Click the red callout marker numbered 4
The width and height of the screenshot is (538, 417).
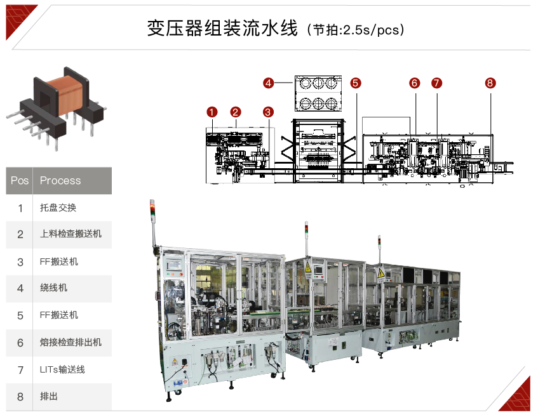tap(268, 83)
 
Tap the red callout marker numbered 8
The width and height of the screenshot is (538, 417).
tap(490, 83)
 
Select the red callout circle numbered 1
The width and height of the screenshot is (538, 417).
tap(212, 112)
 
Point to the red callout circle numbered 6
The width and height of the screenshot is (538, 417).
tap(415, 83)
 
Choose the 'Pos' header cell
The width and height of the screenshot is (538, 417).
tap(20, 180)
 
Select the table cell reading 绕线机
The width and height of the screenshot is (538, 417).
tap(53, 288)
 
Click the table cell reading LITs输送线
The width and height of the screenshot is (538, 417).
tap(62, 369)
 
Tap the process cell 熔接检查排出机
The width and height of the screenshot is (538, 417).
tap(71, 342)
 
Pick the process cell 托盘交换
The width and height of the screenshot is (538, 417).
tap(58, 208)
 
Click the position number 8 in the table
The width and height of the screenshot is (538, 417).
tap(20, 397)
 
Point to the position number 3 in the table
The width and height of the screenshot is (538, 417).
tap(20, 262)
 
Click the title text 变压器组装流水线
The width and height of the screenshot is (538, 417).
tap(222, 28)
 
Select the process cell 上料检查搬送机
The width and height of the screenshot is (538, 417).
tap(71, 234)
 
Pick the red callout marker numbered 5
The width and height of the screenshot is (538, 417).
tap(356, 83)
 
